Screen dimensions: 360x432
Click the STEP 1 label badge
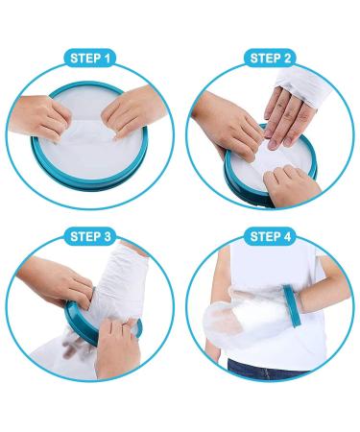[x=90, y=59]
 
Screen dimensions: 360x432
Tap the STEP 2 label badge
[x=270, y=59]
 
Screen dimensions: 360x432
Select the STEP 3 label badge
[x=90, y=237]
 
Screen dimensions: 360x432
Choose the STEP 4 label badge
[x=270, y=237]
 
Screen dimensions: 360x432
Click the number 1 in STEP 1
[x=107, y=59]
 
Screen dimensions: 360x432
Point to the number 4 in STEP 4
[x=287, y=237]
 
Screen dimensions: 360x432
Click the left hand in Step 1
[x=40, y=118]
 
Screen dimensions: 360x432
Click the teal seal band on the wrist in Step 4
[x=292, y=305]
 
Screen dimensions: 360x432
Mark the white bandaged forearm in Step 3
[x=123, y=281]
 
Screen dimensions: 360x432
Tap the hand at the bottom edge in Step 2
[x=290, y=184]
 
